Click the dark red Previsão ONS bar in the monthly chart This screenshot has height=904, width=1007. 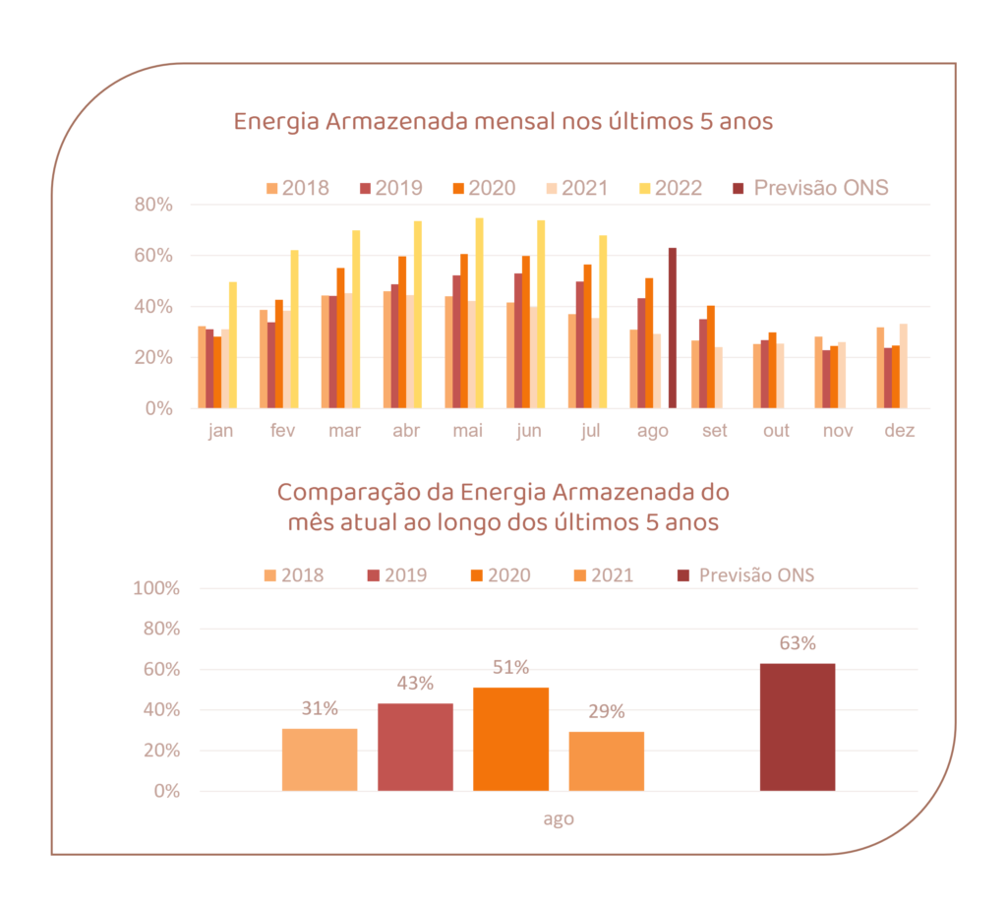point(673,328)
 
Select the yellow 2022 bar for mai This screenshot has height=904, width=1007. point(480,313)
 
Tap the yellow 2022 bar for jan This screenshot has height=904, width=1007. point(233,345)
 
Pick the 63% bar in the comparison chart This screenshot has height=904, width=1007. point(798,727)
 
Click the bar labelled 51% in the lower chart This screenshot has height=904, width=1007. point(510,739)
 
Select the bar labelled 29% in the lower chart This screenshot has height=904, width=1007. point(607,761)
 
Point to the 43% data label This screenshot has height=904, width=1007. point(415,684)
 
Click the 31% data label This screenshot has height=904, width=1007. point(320,708)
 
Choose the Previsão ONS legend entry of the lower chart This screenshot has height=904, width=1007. point(746,575)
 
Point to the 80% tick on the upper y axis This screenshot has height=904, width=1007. point(154,205)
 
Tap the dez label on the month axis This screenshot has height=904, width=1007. point(899,431)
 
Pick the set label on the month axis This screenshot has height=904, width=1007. point(714,431)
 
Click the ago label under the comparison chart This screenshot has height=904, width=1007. point(559,818)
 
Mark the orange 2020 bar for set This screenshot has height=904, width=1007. point(711,357)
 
